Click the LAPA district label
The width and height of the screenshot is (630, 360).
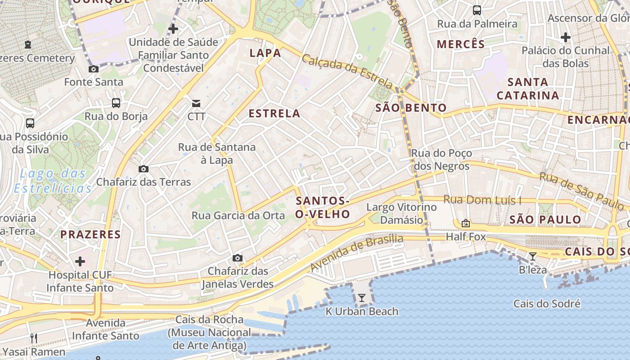(265, 53)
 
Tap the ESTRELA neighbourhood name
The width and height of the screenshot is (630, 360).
(274, 113)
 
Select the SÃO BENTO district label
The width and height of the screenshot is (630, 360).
(411, 108)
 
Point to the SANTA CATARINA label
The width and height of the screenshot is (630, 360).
(528, 89)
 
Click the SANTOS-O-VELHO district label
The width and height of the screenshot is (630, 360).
(323, 207)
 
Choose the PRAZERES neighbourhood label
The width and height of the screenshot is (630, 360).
(90, 234)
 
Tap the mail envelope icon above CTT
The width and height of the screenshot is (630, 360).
(197, 103)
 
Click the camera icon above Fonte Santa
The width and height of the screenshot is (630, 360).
(94, 69)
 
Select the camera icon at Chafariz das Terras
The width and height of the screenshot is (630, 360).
(144, 169)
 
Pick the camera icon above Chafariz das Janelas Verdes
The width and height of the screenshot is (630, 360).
(238, 258)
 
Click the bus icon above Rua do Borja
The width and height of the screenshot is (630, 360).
(116, 103)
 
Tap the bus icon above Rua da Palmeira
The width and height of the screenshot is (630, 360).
(477, 10)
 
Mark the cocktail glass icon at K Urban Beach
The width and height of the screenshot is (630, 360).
(361, 298)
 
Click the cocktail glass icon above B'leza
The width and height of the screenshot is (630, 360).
(533, 256)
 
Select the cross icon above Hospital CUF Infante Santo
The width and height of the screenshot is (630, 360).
(80, 261)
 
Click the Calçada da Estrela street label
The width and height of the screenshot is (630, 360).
(347, 71)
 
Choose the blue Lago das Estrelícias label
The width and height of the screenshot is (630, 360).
(53, 181)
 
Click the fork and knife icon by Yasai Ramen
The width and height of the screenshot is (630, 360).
(34, 338)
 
